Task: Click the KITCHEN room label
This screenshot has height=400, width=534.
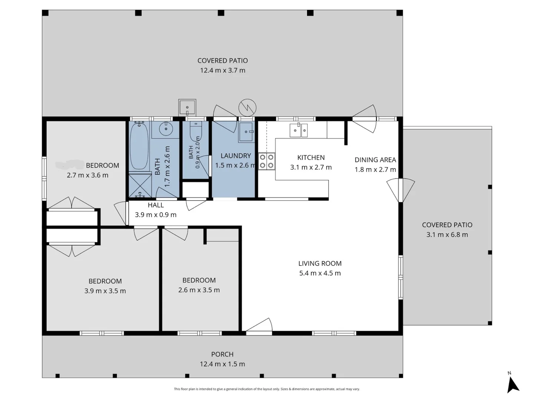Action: click(x=311, y=158)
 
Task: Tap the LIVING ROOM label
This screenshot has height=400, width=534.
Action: click(x=320, y=263)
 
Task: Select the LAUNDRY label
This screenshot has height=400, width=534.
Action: click(x=235, y=156)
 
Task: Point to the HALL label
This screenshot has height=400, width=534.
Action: click(x=156, y=205)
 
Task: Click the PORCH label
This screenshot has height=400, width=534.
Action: click(x=222, y=354)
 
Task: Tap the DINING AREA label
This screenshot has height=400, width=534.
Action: click(x=375, y=160)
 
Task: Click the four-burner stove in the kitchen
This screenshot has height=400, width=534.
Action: click(x=267, y=161)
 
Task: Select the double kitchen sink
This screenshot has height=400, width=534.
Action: click(x=299, y=130)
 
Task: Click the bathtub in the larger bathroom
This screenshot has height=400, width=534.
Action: click(x=139, y=146)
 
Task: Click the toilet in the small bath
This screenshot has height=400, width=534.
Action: click(x=195, y=131)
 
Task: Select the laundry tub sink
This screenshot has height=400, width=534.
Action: click(x=246, y=132)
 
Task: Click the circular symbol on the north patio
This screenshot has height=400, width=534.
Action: click(x=247, y=107)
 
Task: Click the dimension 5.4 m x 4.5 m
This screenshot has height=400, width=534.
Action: click(x=320, y=273)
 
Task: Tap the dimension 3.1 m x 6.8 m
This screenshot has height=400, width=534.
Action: click(x=447, y=234)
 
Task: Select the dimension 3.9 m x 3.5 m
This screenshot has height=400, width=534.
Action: click(x=105, y=291)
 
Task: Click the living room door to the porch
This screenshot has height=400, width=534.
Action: click(x=259, y=326)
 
